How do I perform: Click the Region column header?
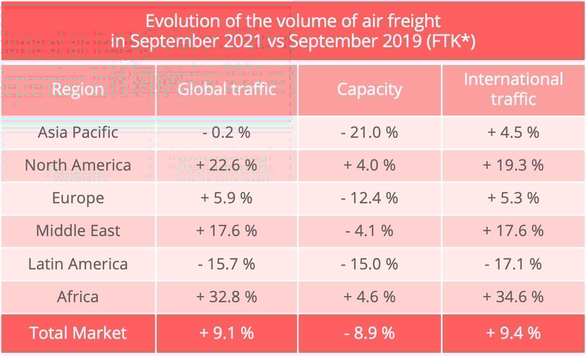coord(78,89)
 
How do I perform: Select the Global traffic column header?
coord(227,89)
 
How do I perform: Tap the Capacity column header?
coord(370,89)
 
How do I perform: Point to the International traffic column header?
coord(513,89)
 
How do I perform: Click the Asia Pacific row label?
coord(78,132)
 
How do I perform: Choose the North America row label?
coord(78,165)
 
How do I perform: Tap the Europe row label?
coord(78,198)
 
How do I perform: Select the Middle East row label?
coord(78,231)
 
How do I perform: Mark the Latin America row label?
coord(78,264)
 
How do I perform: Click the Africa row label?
coord(78,297)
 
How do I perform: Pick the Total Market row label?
coord(78,333)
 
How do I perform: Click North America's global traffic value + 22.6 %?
coord(227,165)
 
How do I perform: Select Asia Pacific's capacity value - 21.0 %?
coord(370,132)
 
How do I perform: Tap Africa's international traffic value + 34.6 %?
coord(513,297)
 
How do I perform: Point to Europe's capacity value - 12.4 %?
coord(370,198)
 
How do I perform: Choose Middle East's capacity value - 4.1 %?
coord(370,231)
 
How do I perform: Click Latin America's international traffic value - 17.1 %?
coord(513,264)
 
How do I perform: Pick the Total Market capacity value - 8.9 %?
coord(370,333)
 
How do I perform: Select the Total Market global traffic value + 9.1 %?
coord(227,333)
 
